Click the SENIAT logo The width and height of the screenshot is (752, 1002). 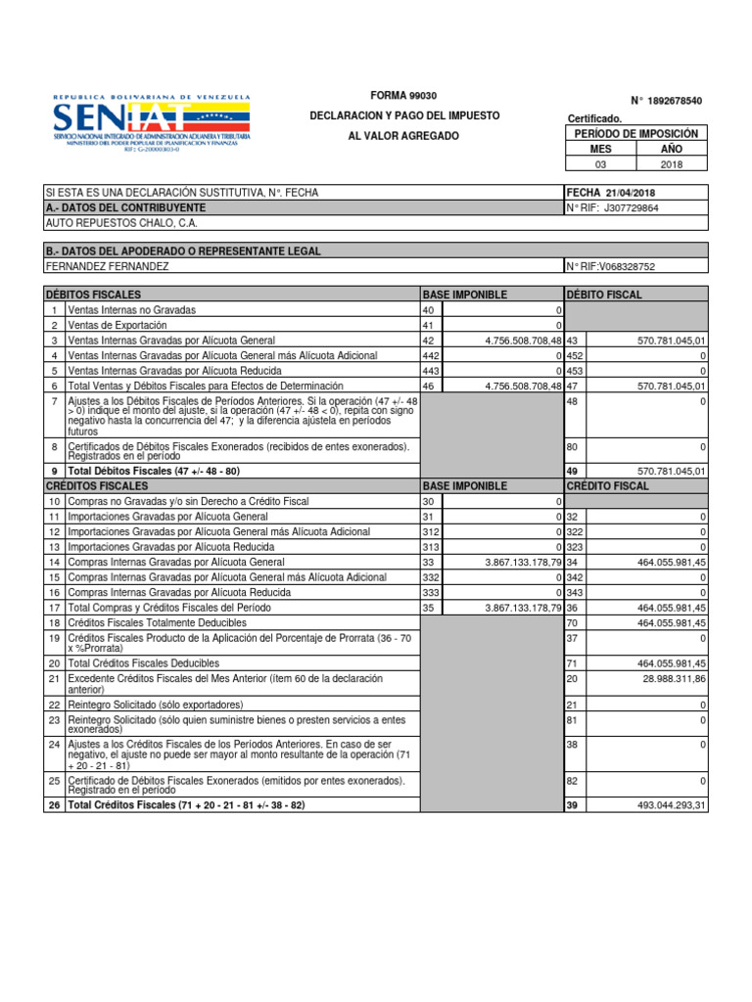(x=152, y=123)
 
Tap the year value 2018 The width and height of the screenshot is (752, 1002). (x=671, y=164)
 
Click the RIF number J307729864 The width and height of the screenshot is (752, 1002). (x=632, y=208)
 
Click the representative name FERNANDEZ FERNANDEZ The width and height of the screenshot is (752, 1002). (x=108, y=266)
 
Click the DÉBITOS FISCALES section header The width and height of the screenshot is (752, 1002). (x=94, y=295)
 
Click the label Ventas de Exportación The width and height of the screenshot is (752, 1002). (x=117, y=325)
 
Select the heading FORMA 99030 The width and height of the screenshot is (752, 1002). (x=403, y=95)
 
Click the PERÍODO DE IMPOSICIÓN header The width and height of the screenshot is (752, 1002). (x=635, y=133)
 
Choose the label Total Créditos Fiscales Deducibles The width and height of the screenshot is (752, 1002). (x=142, y=662)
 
